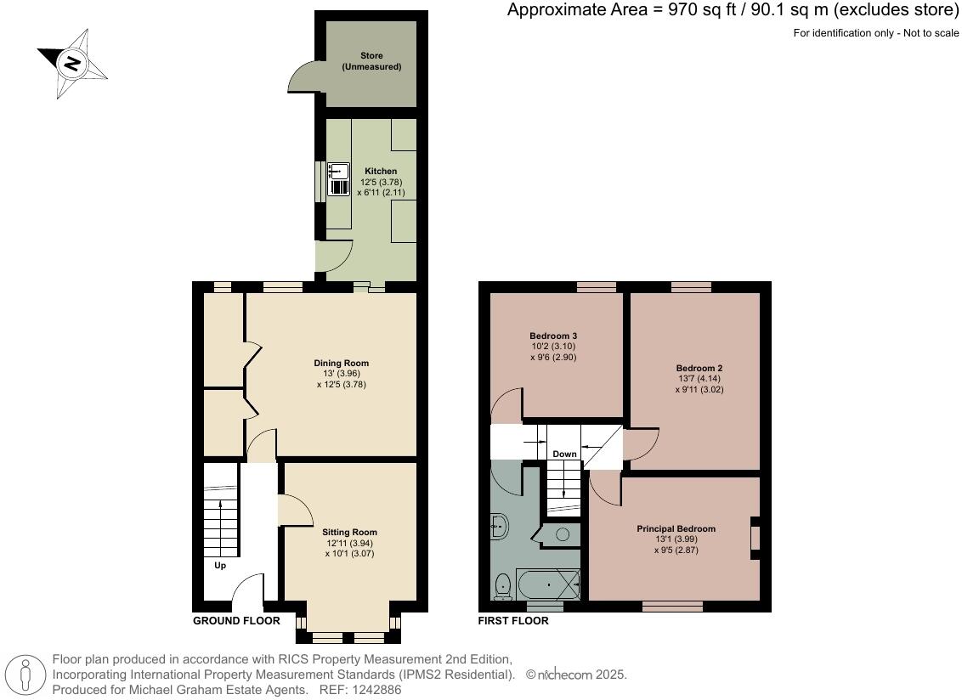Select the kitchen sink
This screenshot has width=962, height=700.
[x=339, y=178]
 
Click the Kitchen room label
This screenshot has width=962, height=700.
[x=381, y=172]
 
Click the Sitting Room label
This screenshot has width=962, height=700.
[x=349, y=533]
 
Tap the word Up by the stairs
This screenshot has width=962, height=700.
[x=220, y=565]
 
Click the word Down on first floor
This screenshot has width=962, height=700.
[x=565, y=454]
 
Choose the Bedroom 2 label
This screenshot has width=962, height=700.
[x=700, y=369]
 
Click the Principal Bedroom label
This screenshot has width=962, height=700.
[x=676, y=529]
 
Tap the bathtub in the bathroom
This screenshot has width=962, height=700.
[x=548, y=584]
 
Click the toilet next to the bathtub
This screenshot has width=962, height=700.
[x=502, y=584]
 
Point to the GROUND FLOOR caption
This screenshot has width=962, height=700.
[x=236, y=621]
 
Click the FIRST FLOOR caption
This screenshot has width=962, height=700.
[x=513, y=621]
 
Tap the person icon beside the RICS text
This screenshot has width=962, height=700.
[x=26, y=675]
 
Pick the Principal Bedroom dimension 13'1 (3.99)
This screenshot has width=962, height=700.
[x=676, y=539]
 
